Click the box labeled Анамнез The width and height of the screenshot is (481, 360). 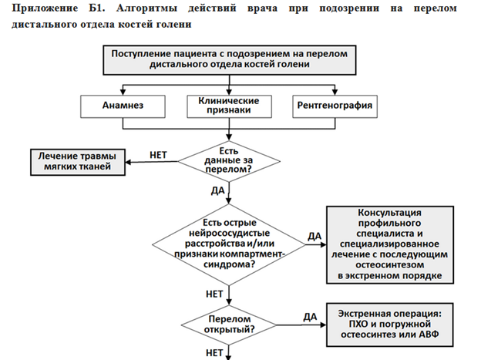point(123,106)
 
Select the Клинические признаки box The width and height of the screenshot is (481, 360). point(229,106)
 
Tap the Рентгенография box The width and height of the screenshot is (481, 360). point(335,106)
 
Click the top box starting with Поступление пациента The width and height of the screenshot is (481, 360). point(230,60)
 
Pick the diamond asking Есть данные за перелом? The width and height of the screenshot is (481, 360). point(229,161)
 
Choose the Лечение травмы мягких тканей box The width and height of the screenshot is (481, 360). point(78,163)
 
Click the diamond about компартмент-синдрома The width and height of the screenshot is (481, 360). point(229,244)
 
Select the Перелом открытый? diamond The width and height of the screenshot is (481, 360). point(229,325)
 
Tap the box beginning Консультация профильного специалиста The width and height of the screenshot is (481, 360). point(390,244)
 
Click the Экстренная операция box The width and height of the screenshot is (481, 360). point(389,325)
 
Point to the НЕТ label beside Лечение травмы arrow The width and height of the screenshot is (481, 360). point(158,155)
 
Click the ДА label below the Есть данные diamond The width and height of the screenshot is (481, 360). point(218,190)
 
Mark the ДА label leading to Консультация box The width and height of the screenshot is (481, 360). point(314,236)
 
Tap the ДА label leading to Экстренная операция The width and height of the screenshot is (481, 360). point(310,317)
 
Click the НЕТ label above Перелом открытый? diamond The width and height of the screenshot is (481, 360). point(214,294)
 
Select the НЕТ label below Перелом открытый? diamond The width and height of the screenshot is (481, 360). point(214,353)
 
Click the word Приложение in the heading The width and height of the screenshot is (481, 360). point(45,8)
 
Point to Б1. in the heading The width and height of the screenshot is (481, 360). point(97,8)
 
